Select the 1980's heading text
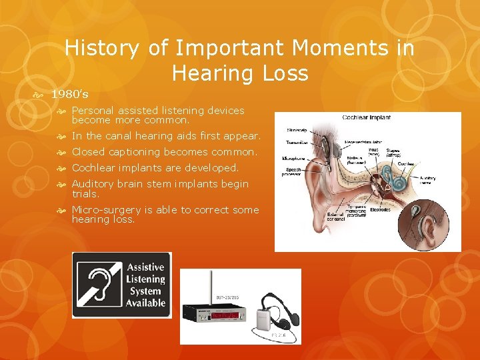[x=69, y=94]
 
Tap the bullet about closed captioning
[x=164, y=152]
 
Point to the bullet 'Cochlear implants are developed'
[x=155, y=168]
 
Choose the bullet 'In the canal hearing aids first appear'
[x=166, y=136]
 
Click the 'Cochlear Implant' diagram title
[x=367, y=118]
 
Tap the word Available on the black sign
[x=145, y=302]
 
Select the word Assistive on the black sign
[x=145, y=267]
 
